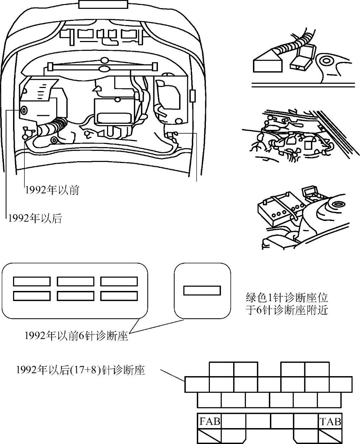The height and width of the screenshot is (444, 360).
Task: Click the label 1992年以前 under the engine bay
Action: coord(52,190)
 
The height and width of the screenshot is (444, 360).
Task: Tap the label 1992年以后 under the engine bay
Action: coord(35,218)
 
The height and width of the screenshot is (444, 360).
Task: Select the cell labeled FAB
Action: coord(209,421)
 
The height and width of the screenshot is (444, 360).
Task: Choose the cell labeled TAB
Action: coord(330,421)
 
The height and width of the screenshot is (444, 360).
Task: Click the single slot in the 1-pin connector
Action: coord(202,290)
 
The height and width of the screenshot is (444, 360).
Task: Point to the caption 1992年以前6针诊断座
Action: coord(76,335)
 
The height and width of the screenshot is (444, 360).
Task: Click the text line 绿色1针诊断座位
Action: coord(287,297)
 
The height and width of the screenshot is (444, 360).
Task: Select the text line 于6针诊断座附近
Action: coord(287,310)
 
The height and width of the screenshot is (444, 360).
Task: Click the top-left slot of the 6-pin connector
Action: coord(32,281)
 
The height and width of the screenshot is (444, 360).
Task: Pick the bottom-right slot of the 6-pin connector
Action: coord(119,296)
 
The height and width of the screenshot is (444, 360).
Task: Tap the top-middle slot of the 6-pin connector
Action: coord(75,281)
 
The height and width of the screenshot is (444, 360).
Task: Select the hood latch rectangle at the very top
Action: coord(102,4)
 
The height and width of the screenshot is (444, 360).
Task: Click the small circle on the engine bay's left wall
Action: coord(23,110)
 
